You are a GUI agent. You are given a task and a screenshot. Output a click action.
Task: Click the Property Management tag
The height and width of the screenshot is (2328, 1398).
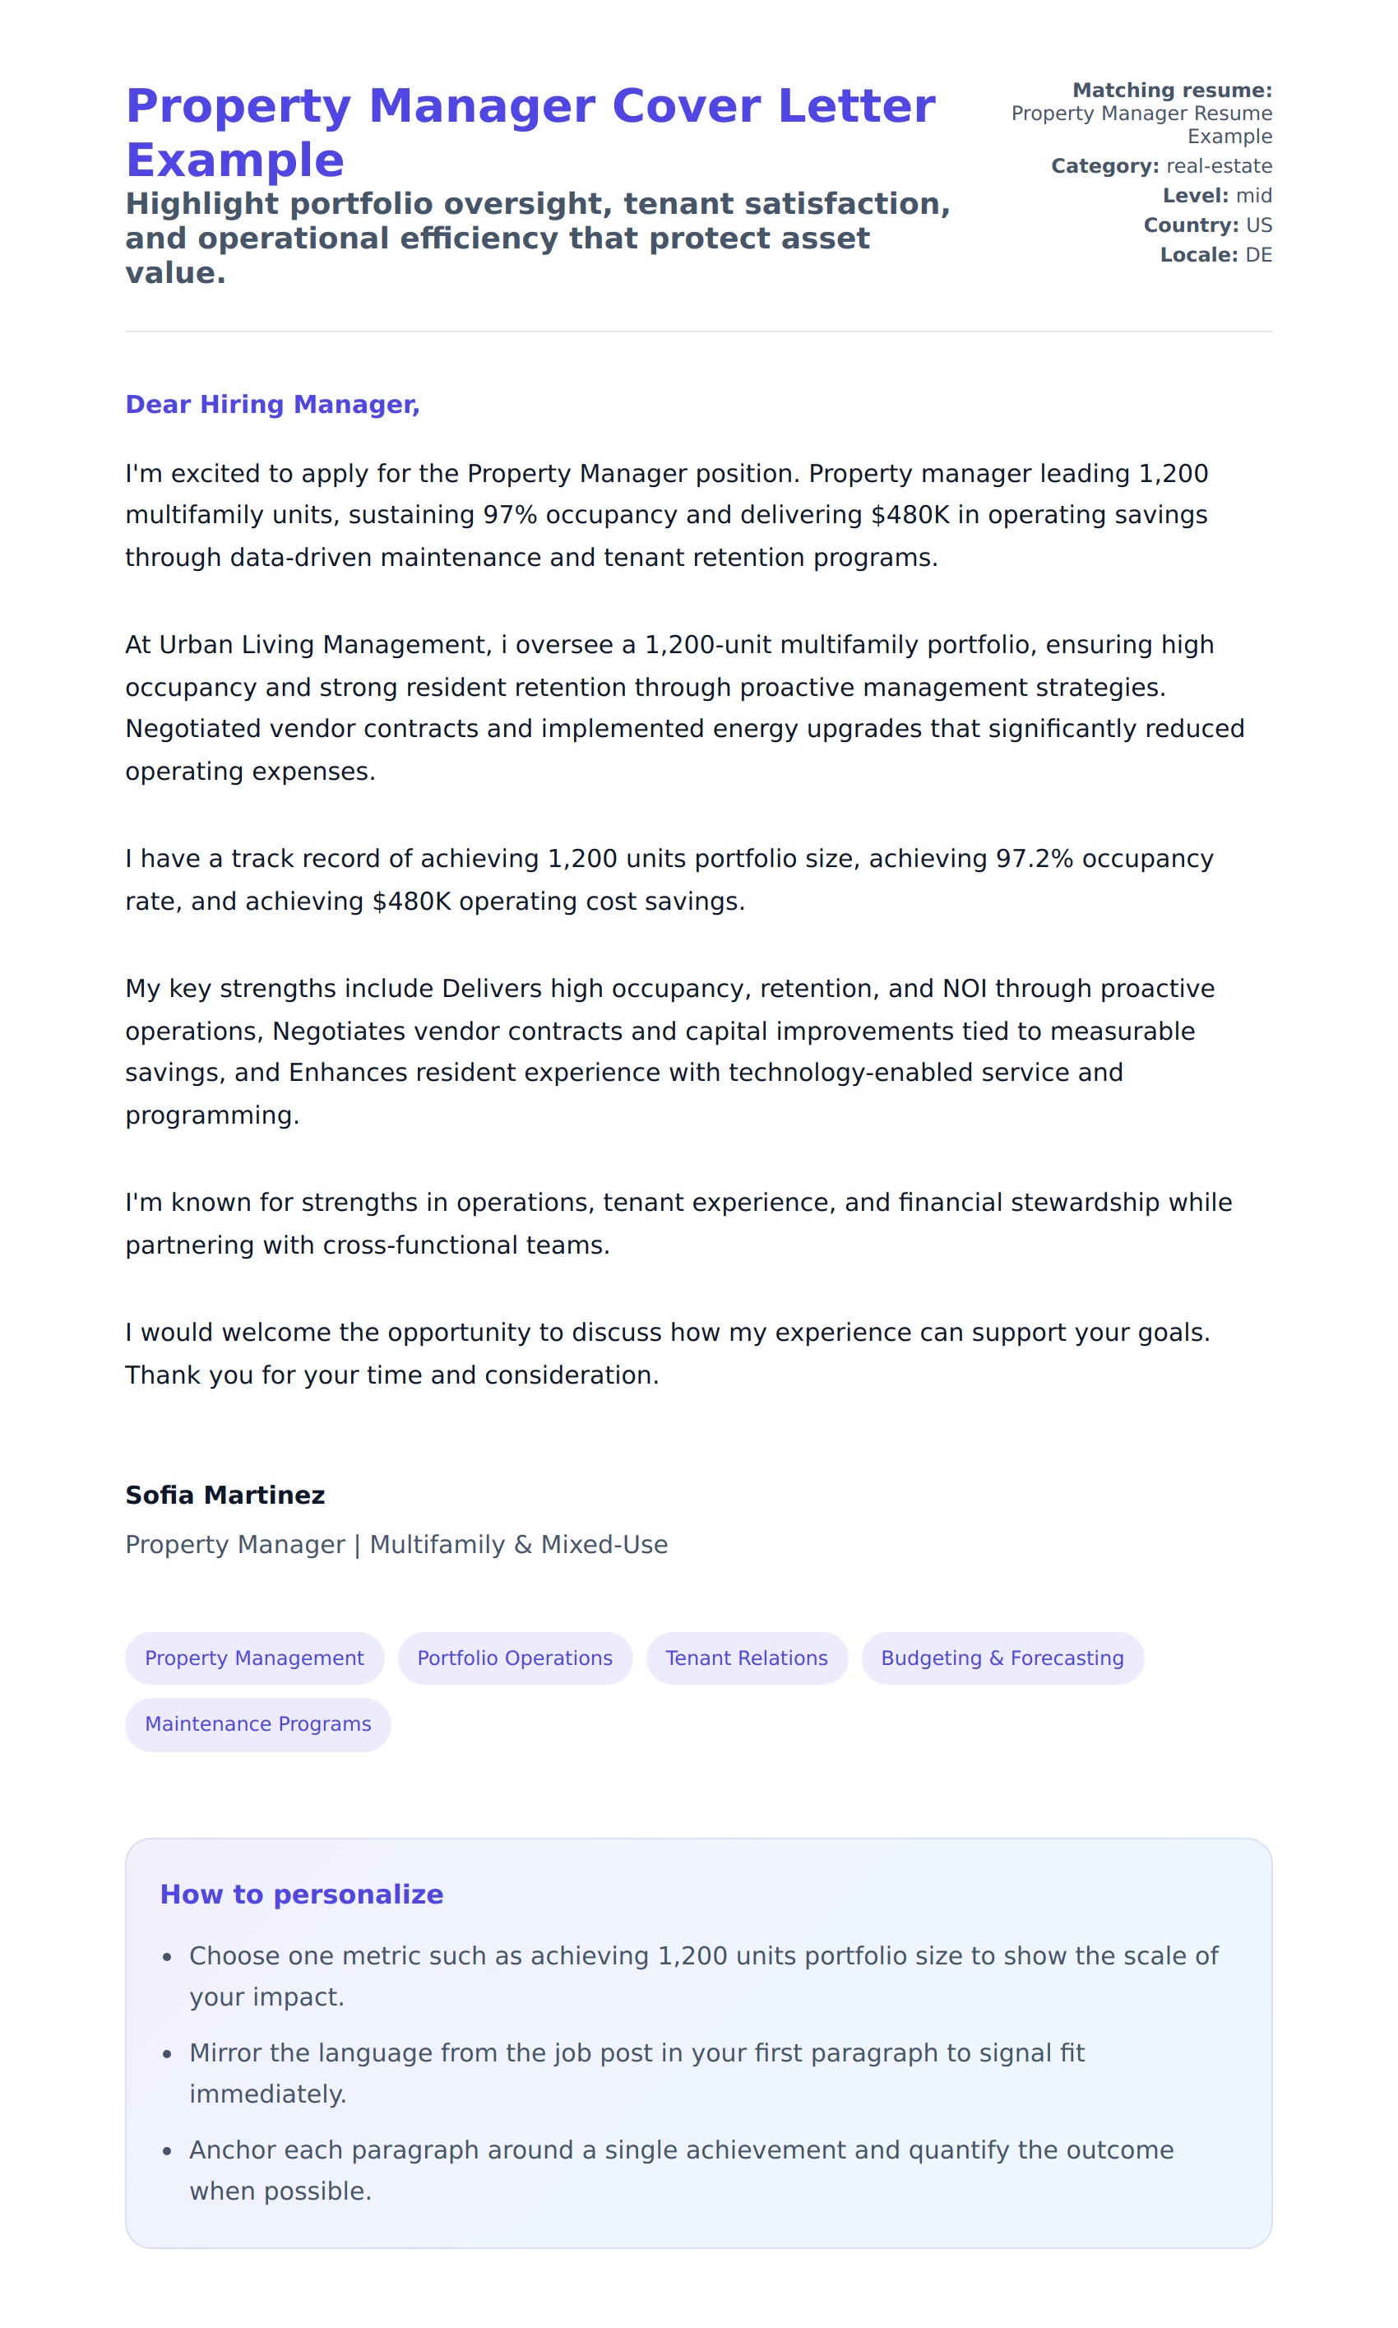tap(254, 1658)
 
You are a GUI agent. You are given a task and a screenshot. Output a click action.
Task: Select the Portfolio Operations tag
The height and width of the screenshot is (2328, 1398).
tap(514, 1658)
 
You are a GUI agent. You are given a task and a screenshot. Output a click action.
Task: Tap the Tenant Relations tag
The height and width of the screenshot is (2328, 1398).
tap(746, 1658)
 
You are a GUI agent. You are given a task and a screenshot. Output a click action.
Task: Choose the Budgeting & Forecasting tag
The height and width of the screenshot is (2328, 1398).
tap(1002, 1658)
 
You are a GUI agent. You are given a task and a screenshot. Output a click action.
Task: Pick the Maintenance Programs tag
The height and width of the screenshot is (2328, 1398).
tap(257, 1723)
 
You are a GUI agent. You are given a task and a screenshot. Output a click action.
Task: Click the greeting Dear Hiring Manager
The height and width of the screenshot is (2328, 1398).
tap(272, 404)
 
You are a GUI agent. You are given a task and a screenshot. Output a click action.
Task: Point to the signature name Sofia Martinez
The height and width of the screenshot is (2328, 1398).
tap(225, 1496)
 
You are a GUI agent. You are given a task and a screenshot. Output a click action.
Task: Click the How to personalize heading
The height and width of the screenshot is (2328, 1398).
tap(302, 1894)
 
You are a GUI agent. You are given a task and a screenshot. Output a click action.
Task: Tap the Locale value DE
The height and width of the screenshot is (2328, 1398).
tap(1258, 254)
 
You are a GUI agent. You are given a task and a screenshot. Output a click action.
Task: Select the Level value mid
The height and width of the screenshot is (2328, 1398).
tap(1254, 195)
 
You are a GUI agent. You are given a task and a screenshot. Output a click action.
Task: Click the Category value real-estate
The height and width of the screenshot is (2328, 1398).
tap(1219, 166)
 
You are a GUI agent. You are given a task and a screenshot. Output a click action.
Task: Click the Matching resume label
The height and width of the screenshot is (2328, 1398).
tap(1172, 90)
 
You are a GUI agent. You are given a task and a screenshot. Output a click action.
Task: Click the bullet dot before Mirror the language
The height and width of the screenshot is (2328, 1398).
tap(167, 2054)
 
